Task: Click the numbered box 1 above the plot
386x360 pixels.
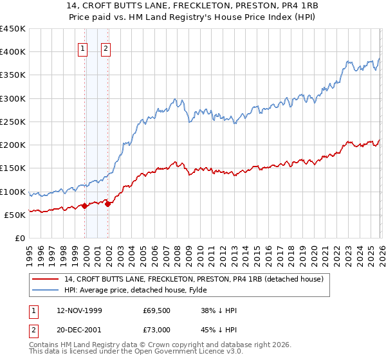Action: (84, 46)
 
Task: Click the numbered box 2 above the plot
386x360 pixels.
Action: (105, 46)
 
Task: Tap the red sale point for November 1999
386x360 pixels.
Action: (84, 206)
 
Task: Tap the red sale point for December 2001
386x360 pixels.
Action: (107, 204)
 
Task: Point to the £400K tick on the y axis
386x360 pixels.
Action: (14, 52)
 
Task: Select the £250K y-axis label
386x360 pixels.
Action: (14, 122)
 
